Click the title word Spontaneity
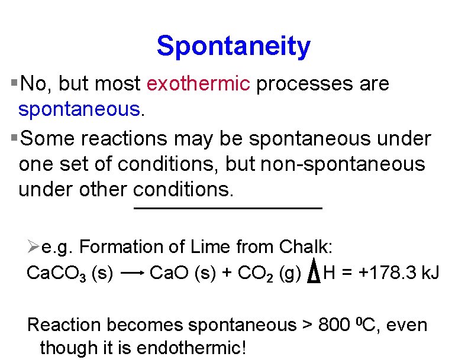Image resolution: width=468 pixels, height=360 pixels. coord(233,46)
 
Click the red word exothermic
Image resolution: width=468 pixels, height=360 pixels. coord(198,84)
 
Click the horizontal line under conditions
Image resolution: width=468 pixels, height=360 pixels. coord(228,209)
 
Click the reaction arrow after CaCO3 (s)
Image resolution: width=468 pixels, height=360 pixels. coord(133,273)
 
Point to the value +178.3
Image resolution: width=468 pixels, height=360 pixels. coord(388,273)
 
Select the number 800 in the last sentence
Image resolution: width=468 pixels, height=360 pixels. coord(334,325)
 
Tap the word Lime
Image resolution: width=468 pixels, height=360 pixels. coord(209,247)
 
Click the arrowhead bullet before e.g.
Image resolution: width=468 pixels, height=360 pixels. coord(33,246)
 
